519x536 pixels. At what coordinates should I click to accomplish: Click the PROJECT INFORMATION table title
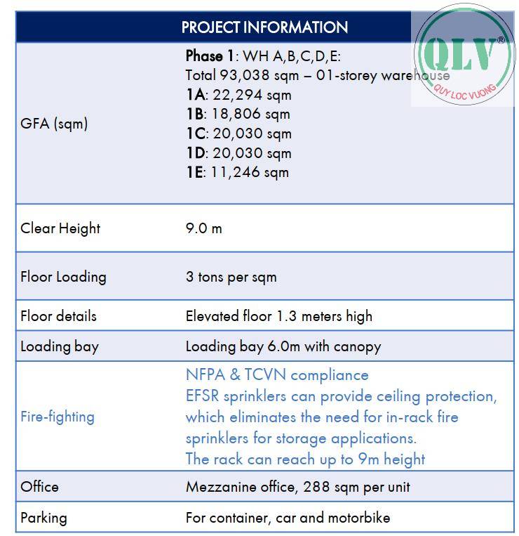tap(264, 27)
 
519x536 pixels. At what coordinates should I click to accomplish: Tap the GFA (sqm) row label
tap(54, 124)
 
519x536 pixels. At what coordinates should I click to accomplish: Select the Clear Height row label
tap(60, 228)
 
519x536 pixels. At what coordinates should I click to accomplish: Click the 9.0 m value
tap(203, 228)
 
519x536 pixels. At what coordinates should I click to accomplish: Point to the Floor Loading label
tap(63, 277)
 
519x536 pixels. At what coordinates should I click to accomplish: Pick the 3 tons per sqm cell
tap(231, 277)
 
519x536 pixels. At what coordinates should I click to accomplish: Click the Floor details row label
tap(58, 316)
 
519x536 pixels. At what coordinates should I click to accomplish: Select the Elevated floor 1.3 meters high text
tap(278, 316)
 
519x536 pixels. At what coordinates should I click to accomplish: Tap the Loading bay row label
tap(60, 346)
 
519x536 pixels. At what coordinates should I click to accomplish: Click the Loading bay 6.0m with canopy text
tap(283, 346)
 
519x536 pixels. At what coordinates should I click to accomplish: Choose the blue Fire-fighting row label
tap(57, 417)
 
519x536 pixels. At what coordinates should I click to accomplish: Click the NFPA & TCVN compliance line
tap(276, 375)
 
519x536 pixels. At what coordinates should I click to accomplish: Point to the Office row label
tap(39, 487)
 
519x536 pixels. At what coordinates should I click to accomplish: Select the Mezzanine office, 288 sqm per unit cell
tap(297, 487)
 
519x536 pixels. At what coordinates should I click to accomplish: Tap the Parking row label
tap(43, 518)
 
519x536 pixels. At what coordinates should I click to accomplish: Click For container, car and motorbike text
tap(288, 518)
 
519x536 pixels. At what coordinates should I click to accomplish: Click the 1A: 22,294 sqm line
tap(238, 95)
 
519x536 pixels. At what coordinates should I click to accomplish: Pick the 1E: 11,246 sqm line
tap(237, 172)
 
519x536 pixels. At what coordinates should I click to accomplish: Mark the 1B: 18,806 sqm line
tap(237, 114)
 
